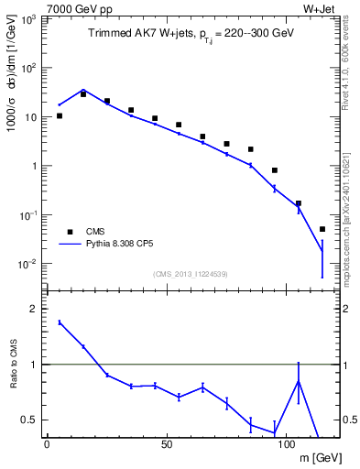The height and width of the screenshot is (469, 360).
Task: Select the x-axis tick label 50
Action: point(166,444)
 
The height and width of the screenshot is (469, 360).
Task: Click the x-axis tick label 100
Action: point(286,444)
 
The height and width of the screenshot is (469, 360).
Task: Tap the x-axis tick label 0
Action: point(47,444)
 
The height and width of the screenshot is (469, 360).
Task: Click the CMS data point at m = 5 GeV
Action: point(60,115)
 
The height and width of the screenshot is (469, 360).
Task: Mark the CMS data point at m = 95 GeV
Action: point(275,170)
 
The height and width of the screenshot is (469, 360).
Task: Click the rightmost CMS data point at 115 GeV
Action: point(322,229)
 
